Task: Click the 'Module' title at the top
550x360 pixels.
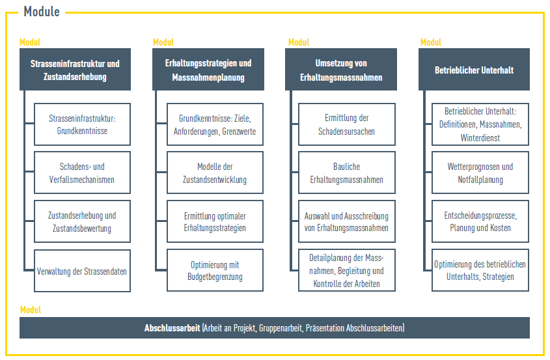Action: tap(42, 12)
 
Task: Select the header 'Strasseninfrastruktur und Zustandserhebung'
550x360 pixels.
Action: tap(75, 70)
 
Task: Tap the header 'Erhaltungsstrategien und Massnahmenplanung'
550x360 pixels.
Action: tap(208, 70)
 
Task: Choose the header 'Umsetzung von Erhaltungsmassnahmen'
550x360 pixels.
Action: tap(341, 70)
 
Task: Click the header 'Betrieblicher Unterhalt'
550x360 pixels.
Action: tap(474, 70)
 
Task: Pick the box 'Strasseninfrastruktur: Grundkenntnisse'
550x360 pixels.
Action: tap(83, 124)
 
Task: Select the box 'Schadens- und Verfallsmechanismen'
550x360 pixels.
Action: tap(83, 173)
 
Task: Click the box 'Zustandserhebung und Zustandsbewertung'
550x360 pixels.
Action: tap(83, 221)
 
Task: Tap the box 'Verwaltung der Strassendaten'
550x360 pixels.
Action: tap(83, 271)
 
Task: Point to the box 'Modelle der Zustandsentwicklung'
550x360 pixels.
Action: tap(215, 173)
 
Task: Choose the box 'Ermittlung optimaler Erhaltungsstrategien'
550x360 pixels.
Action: tap(215, 221)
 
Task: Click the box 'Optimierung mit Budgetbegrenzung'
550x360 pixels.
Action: tap(215, 270)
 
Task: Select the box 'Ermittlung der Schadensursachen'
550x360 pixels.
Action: tap(347, 124)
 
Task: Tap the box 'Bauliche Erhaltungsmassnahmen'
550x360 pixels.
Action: tap(347, 173)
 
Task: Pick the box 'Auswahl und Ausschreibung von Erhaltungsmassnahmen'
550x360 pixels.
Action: tap(347, 221)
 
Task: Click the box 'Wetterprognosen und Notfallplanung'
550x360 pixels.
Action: tap(480, 173)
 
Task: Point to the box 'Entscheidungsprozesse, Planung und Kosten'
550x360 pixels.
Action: tap(480, 221)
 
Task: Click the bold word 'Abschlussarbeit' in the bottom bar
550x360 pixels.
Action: tap(172, 328)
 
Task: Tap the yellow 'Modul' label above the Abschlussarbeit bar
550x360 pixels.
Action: tap(31, 310)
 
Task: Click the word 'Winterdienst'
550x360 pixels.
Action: tap(480, 138)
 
